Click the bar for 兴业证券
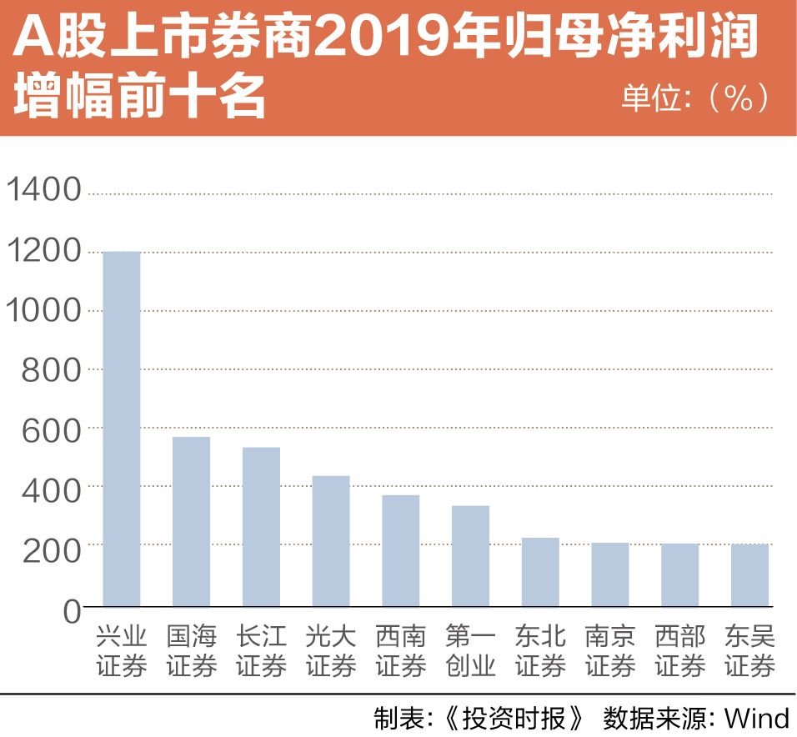(121, 429)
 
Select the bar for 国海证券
(191, 521)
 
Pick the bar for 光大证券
(331, 541)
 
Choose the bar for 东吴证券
(749, 575)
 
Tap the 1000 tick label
(44, 311)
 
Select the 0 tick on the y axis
(72, 610)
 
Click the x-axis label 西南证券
(400, 651)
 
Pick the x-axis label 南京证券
(609, 651)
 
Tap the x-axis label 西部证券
(679, 651)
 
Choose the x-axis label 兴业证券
(121, 651)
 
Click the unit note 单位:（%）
(695, 98)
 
